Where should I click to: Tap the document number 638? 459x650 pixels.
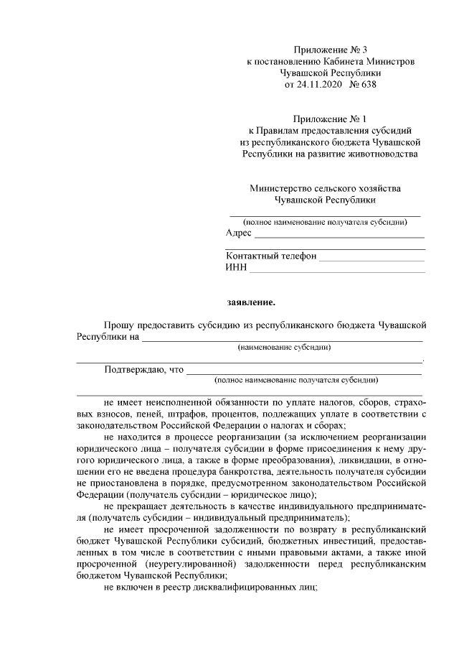(x=366, y=84)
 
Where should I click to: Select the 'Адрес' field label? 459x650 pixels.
(x=238, y=233)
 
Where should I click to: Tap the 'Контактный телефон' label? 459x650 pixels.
(x=271, y=256)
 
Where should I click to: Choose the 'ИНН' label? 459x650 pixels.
(x=236, y=268)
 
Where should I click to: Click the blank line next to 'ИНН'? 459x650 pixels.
(x=336, y=271)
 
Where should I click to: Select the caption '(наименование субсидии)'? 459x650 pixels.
(x=284, y=347)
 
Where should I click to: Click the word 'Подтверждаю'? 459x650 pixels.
(x=133, y=370)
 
